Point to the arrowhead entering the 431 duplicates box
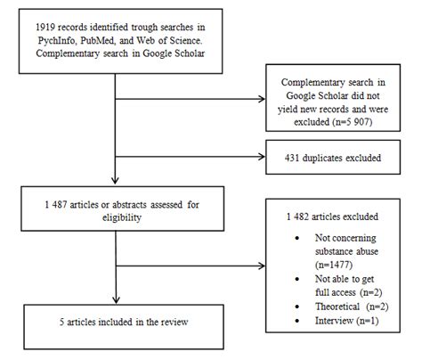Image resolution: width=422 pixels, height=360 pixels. click(x=271, y=158)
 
